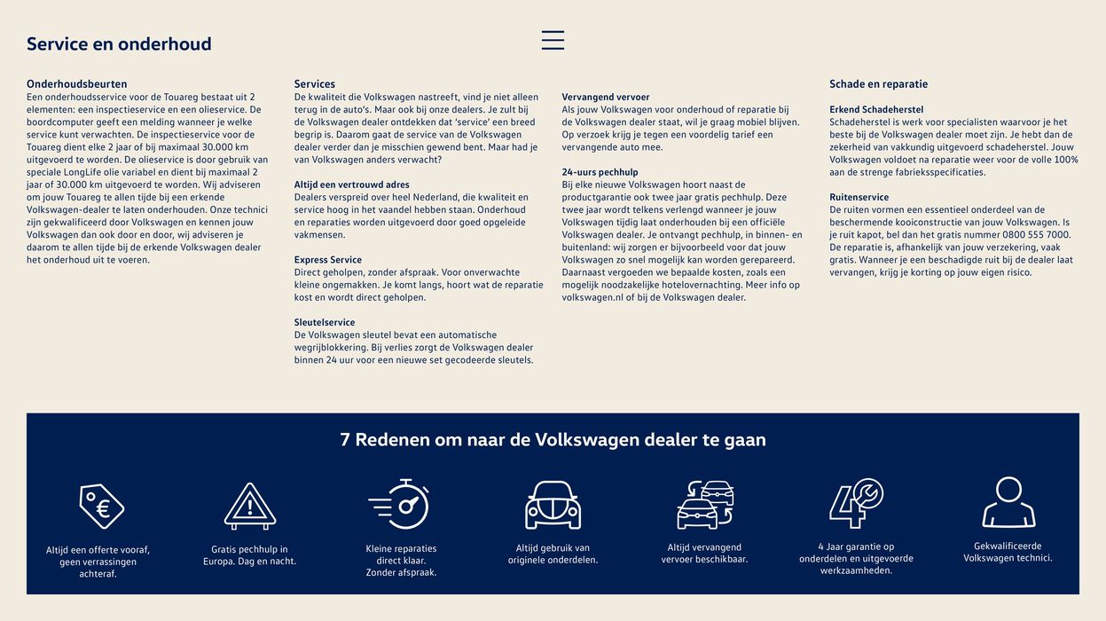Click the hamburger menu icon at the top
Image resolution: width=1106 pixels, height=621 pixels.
click(x=553, y=40)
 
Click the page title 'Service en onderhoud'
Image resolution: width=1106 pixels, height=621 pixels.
click(x=119, y=44)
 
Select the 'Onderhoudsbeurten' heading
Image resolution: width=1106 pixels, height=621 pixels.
click(x=76, y=84)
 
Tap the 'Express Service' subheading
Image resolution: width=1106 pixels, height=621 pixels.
click(x=328, y=260)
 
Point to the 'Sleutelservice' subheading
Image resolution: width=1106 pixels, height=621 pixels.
click(x=325, y=323)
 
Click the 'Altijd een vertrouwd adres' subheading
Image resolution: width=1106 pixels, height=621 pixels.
click(x=352, y=185)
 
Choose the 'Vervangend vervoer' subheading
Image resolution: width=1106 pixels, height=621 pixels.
click(x=606, y=98)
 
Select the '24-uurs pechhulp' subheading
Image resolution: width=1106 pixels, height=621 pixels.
click(x=600, y=172)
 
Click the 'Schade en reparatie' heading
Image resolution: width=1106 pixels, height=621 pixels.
click(x=878, y=84)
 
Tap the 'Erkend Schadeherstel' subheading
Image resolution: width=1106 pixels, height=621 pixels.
click(x=876, y=110)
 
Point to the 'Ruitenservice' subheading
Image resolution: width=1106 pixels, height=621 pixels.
click(x=859, y=197)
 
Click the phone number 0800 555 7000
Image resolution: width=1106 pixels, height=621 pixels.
click(x=1039, y=235)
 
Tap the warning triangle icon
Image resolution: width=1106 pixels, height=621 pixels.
click(x=250, y=507)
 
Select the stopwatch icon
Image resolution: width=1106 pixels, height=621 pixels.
click(x=400, y=504)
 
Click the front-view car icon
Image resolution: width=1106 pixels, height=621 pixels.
click(x=553, y=505)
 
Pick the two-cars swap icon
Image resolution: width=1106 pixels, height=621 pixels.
click(x=704, y=504)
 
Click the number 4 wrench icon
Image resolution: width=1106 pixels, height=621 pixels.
click(x=855, y=503)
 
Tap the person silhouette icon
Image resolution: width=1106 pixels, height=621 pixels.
click(x=1008, y=502)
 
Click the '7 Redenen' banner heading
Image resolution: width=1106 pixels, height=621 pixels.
click(x=553, y=440)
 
